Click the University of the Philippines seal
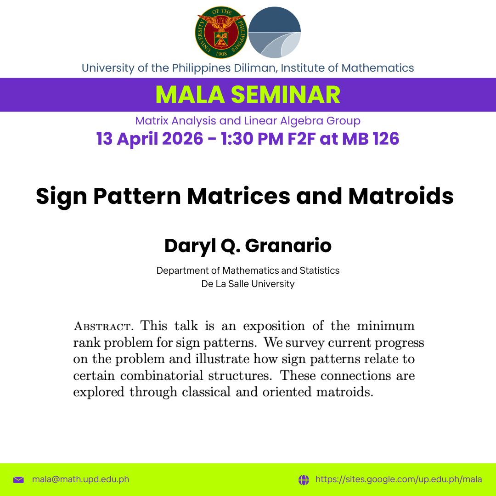click(221, 32)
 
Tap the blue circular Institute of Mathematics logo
click(275, 32)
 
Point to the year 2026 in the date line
click(182, 139)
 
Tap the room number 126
click(386, 139)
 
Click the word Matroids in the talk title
click(401, 196)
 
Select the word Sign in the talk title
click(62, 197)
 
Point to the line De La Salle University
click(248, 284)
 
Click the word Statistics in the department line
click(320, 271)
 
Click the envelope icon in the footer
click(19, 479)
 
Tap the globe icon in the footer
click(304, 479)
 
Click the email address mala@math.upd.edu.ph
click(81, 479)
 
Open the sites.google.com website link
click(399, 479)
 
